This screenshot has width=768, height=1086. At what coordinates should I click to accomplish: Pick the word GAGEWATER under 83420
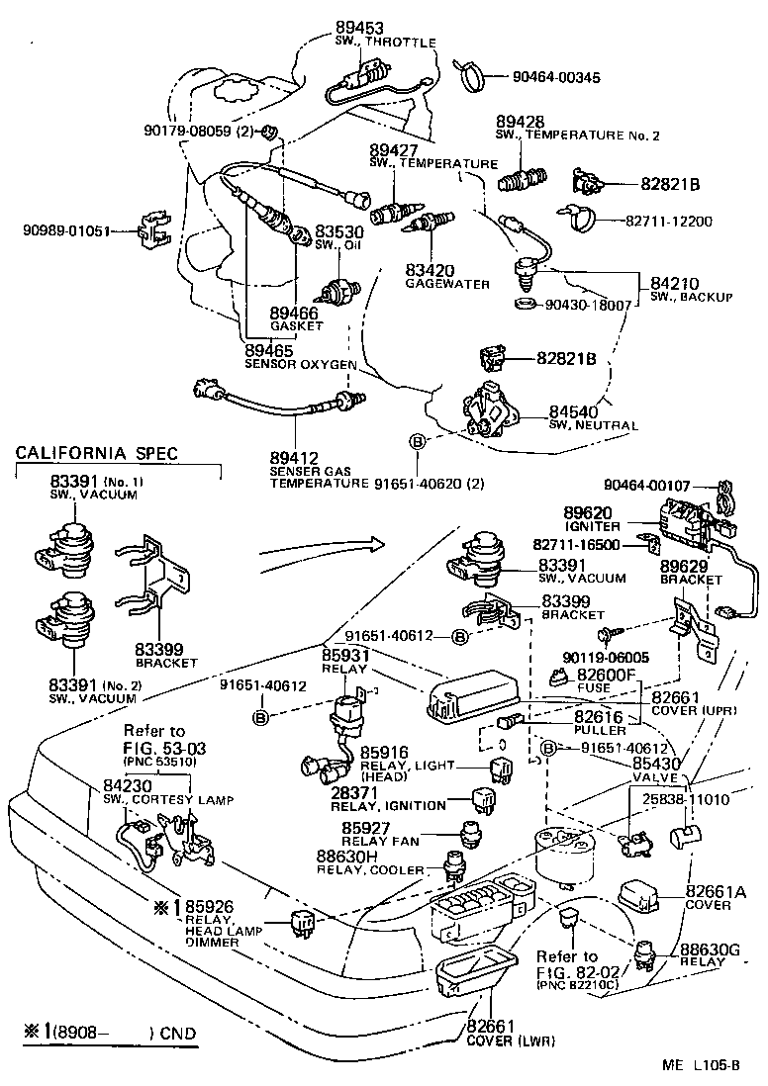[447, 283]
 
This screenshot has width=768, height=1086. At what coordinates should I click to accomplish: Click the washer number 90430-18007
[588, 306]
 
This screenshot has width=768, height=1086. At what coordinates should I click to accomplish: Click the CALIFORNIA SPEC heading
[97, 453]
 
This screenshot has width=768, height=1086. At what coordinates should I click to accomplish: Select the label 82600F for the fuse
[606, 675]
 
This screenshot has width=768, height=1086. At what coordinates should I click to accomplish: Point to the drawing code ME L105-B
[702, 1065]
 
